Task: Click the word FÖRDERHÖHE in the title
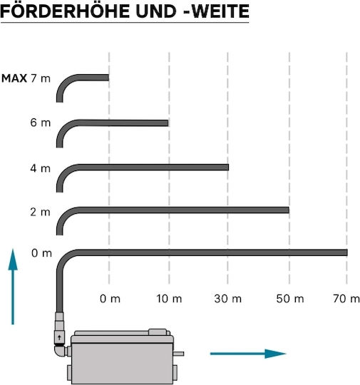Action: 65,11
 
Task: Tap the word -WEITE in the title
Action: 216,11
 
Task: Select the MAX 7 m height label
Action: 26,78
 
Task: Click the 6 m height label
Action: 41,123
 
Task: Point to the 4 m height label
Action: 41,168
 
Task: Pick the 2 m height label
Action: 41,212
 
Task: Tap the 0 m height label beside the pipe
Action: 41,253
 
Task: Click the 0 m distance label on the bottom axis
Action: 110,299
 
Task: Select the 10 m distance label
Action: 169,299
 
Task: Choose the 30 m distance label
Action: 228,299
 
